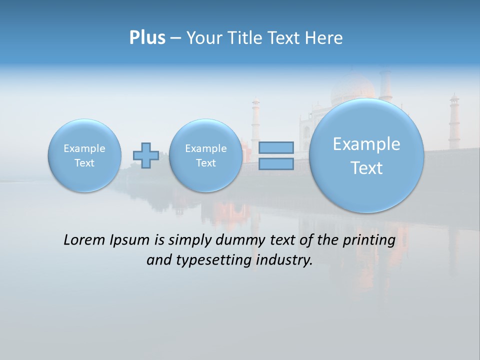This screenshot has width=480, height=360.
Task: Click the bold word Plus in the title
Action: click(147, 38)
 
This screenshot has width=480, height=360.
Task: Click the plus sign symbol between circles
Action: click(146, 155)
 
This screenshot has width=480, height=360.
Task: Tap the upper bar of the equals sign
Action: click(276, 147)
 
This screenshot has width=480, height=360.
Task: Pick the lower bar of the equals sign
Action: click(276, 163)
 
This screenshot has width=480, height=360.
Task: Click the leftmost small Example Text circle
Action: click(84, 155)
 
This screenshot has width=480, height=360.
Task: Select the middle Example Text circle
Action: click(205, 155)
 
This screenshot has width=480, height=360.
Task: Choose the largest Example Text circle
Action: click(366, 155)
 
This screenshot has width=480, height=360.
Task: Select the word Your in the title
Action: click(203, 38)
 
